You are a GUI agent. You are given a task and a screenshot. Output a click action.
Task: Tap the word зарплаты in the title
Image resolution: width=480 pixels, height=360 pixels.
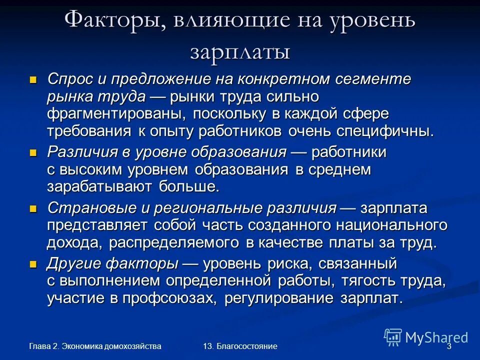[x=240, y=51]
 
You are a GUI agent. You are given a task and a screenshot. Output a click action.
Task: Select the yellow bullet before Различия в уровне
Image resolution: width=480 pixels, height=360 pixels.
[x=33, y=152]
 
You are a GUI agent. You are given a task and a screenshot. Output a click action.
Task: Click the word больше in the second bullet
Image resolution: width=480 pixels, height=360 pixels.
[x=189, y=187]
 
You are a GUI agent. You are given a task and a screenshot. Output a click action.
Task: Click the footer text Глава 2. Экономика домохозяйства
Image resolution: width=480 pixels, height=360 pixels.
[x=95, y=346]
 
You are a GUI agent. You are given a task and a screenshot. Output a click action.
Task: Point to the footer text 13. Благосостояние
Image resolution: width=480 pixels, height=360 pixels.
[x=240, y=346]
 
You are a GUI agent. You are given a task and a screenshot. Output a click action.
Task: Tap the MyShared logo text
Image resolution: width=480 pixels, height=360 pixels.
[x=436, y=337]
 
